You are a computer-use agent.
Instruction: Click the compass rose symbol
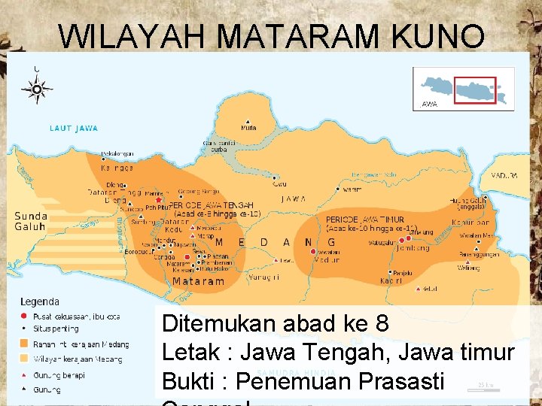(x=36, y=89)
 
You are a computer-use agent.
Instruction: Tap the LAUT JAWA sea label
(x=74, y=129)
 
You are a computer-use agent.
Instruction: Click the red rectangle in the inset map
(x=476, y=90)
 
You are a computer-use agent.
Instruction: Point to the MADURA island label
(x=504, y=175)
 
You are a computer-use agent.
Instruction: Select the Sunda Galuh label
(x=30, y=221)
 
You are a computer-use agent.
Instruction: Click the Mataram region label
(x=198, y=281)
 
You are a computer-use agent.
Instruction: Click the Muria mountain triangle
(x=248, y=122)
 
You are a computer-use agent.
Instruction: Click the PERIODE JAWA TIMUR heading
(x=365, y=220)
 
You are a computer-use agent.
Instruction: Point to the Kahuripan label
(x=471, y=223)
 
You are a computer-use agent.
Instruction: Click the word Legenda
(x=40, y=301)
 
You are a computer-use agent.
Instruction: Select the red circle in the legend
(x=25, y=316)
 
